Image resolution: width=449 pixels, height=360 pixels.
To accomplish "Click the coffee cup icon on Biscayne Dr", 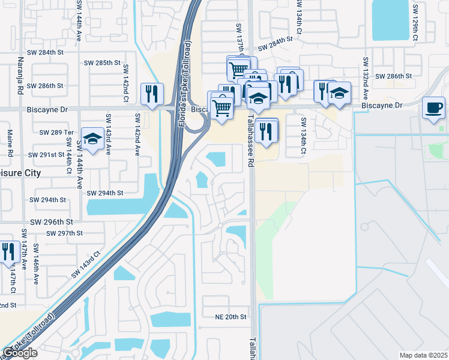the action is coord(434,108).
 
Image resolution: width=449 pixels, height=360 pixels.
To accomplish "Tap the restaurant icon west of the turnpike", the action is coord(151,94).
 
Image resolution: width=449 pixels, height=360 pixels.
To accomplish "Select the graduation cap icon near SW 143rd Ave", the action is coord(92,139).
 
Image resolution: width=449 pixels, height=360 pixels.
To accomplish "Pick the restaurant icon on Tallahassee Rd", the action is coord(266,130).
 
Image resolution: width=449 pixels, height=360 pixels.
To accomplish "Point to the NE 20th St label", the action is coord(231,316).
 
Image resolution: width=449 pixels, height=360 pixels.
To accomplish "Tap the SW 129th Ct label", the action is coord(414,24).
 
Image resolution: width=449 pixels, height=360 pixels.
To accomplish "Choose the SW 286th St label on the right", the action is coord(393,76).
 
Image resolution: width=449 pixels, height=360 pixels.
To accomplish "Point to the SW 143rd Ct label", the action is coord(88,263).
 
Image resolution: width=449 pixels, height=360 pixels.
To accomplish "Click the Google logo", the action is coord(20,353).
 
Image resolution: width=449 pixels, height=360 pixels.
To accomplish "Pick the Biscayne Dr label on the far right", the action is coord(381,105).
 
